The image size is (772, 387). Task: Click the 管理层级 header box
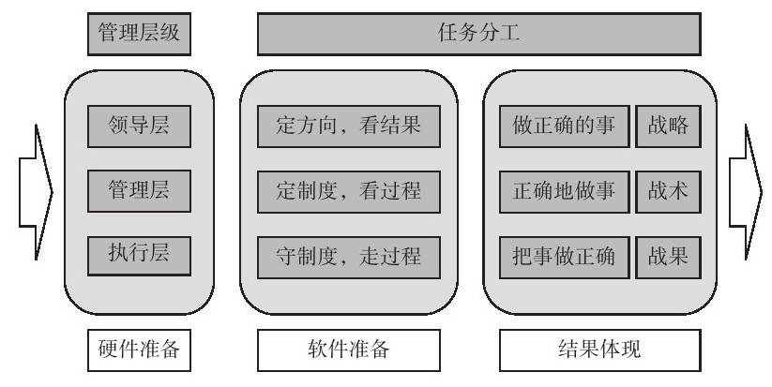coord(139,36)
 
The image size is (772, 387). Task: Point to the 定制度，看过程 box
coord(349,191)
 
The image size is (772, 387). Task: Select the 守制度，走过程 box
coord(349,255)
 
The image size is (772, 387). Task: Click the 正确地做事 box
coord(565,191)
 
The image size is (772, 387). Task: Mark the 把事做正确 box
coord(565,255)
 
